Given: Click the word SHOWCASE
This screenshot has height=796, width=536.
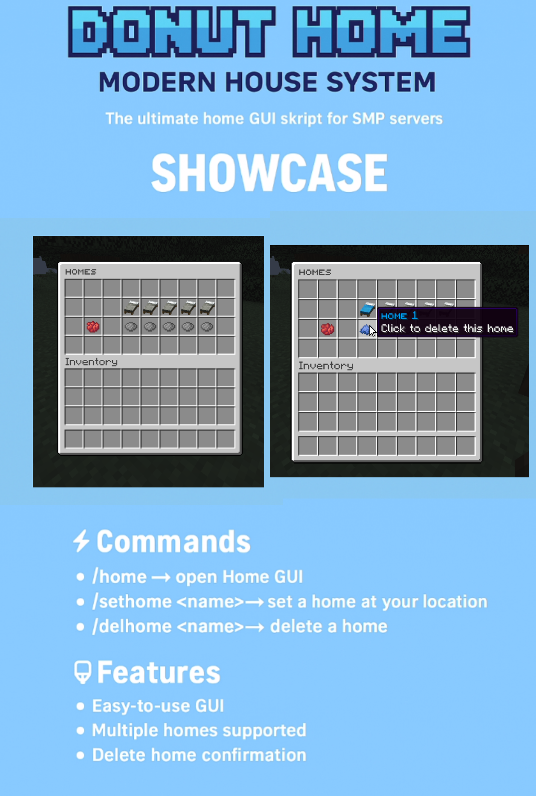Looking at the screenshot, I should (269, 172).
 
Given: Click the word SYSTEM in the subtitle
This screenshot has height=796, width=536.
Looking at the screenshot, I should (381, 82).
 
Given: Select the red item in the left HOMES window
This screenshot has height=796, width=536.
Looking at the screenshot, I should (93, 327).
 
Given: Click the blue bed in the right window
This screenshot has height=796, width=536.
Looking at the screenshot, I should (367, 309).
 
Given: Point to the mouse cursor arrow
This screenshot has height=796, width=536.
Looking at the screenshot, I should (372, 331).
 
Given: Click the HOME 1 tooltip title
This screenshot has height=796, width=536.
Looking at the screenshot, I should (399, 316).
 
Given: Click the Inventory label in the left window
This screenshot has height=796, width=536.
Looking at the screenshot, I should (91, 362).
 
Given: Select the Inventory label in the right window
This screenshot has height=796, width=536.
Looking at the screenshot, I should (326, 366).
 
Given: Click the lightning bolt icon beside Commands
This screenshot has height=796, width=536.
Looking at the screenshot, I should (81, 541).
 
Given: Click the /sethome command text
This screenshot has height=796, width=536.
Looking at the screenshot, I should (132, 602).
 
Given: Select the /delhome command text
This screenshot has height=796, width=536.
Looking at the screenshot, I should (132, 626).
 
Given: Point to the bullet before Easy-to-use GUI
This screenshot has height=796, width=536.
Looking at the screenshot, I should (80, 706).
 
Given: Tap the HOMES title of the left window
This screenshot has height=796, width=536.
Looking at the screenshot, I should (81, 272).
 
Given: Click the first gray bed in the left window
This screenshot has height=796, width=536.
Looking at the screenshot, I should (131, 307).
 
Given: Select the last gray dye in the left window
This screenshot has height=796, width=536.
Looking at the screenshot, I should (207, 327).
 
